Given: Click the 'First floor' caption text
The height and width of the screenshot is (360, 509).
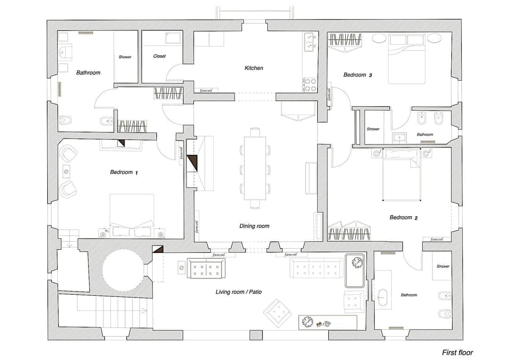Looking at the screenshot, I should click(x=457, y=352).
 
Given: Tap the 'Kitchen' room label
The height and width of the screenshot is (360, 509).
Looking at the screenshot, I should click(x=253, y=68).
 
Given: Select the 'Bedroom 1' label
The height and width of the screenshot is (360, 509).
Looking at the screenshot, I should click(x=124, y=172).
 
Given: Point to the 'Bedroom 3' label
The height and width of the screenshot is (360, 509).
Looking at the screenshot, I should click(x=357, y=75).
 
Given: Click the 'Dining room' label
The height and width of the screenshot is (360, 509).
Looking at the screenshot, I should click(x=254, y=226).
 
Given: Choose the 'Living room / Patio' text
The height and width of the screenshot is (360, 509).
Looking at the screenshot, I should click(x=239, y=292).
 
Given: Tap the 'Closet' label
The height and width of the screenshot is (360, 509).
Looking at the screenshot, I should click(x=160, y=56).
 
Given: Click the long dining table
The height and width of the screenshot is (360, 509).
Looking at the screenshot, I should click(x=254, y=167).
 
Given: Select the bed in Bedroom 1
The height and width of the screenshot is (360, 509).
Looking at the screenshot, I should click(x=131, y=215).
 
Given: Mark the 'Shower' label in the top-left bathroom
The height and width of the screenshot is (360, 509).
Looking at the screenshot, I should click(x=125, y=57).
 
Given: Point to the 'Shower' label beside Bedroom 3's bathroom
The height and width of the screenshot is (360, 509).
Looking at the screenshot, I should click(x=373, y=129).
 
